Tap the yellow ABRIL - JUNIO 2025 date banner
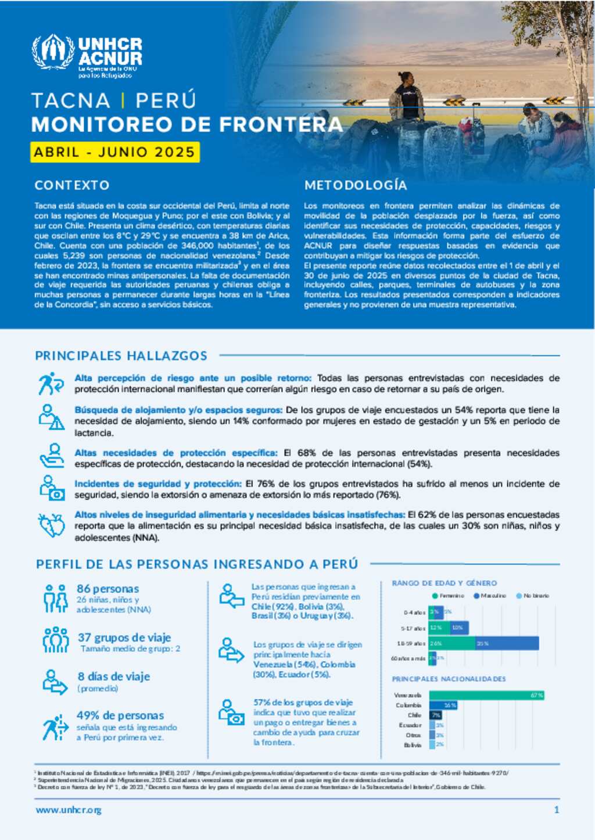coord(114,152)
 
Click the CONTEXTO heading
coord(72,185)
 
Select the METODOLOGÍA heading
coord(356,185)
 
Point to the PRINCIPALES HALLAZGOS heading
coord(121,356)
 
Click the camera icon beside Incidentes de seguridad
coord(52,488)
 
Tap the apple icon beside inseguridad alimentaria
coord(52,525)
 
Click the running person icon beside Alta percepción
coord(51,384)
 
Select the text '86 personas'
coord(107,589)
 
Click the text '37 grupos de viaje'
coord(124,637)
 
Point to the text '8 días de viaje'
coord(114,676)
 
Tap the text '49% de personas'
coord(120,715)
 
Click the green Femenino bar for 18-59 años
coord(452,643)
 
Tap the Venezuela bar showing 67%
coord(486,695)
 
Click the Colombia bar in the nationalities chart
coord(443,705)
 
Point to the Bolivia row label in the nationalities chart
coord(413,745)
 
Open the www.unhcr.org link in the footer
coord(69,810)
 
